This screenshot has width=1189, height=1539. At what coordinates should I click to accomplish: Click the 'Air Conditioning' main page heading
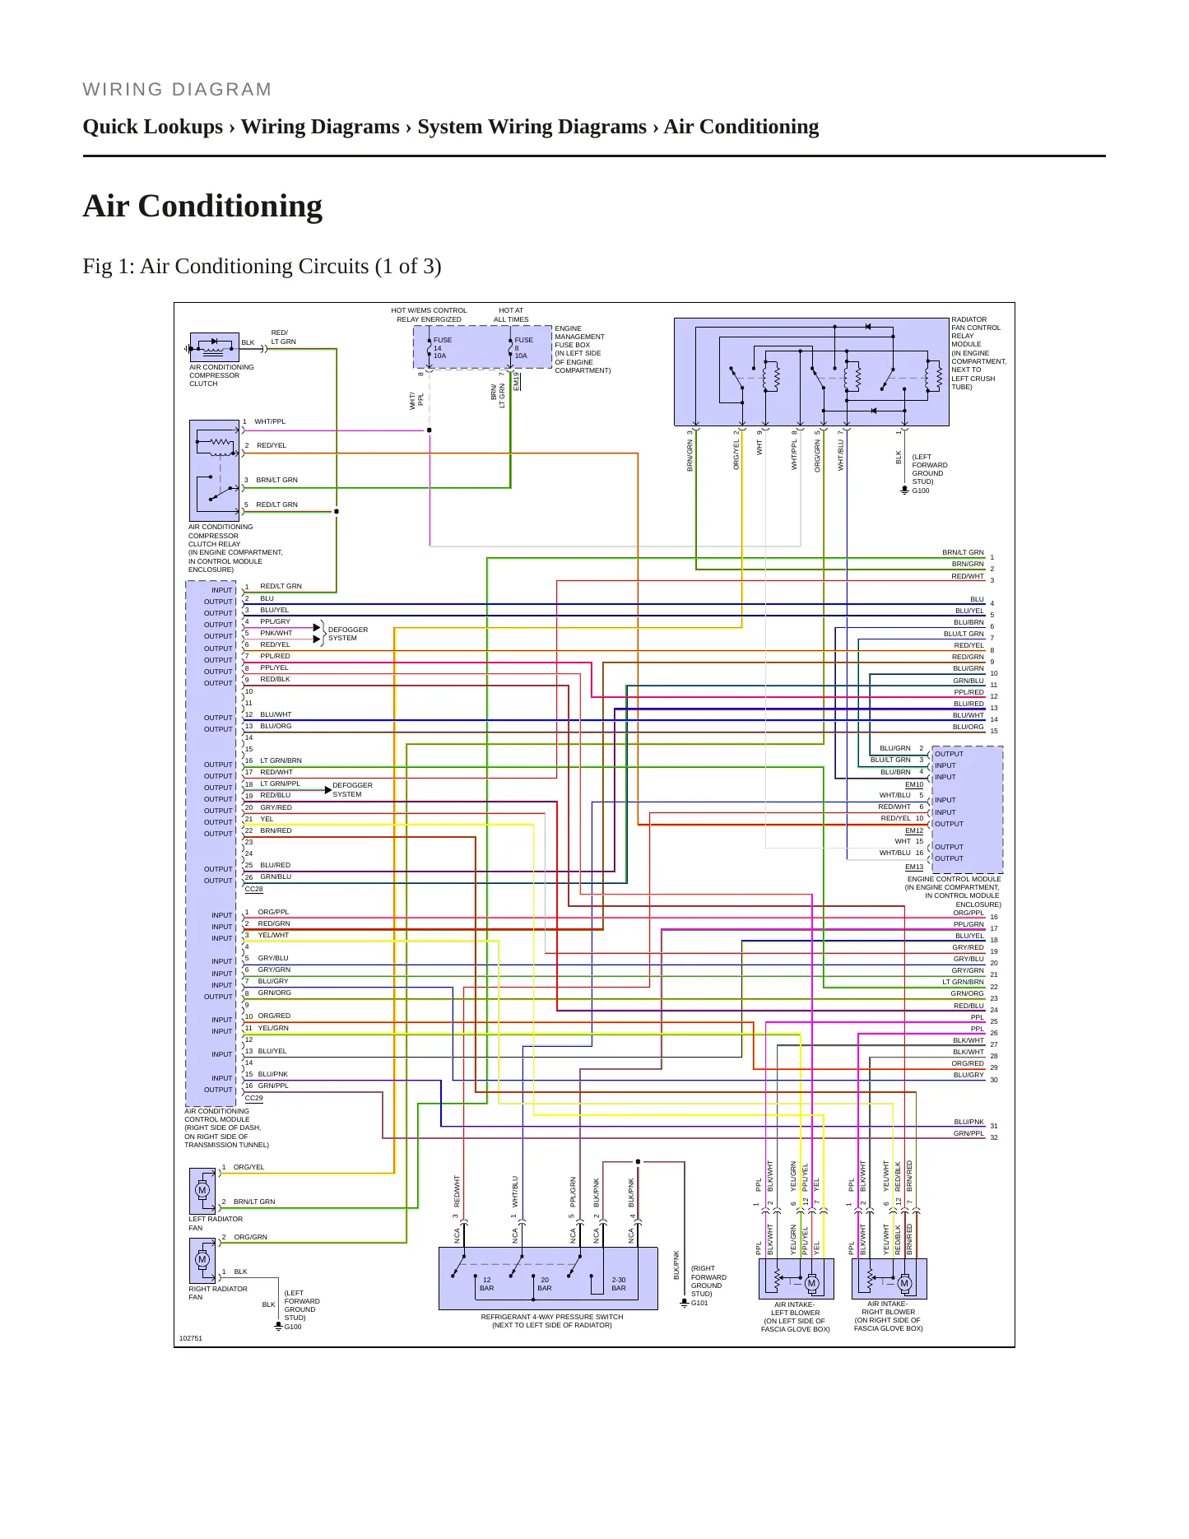[202, 207]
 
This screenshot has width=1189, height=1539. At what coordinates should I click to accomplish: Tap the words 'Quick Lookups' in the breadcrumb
[153, 127]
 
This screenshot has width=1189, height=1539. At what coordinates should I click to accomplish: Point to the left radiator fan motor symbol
[202, 1190]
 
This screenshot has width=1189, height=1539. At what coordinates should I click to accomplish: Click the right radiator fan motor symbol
[202, 1259]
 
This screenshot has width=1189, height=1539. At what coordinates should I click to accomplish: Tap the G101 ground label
[699, 1303]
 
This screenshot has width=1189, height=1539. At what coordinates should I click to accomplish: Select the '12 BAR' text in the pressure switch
[487, 1284]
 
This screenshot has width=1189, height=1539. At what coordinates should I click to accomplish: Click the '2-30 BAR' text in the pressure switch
[619, 1284]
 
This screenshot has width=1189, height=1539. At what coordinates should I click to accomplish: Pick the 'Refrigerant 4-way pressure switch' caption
[552, 1321]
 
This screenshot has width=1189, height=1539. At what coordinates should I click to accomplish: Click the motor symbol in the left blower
[811, 1283]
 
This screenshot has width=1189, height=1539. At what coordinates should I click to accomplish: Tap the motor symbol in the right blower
[904, 1283]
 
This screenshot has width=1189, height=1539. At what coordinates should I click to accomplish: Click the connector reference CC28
[254, 889]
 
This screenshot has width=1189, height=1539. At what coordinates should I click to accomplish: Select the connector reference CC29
[254, 1098]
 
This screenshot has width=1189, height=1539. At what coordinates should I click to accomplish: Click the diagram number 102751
[191, 1338]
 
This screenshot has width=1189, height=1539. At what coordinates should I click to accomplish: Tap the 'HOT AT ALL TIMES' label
[511, 315]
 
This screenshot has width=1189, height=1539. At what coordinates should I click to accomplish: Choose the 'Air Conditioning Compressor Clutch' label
[221, 375]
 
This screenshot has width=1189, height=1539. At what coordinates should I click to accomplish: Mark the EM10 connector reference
[914, 784]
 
